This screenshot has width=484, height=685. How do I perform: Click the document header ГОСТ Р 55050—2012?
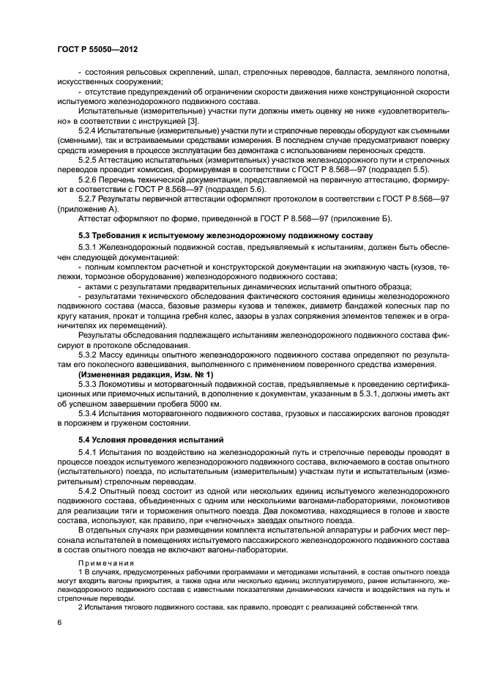[x=97, y=48]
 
